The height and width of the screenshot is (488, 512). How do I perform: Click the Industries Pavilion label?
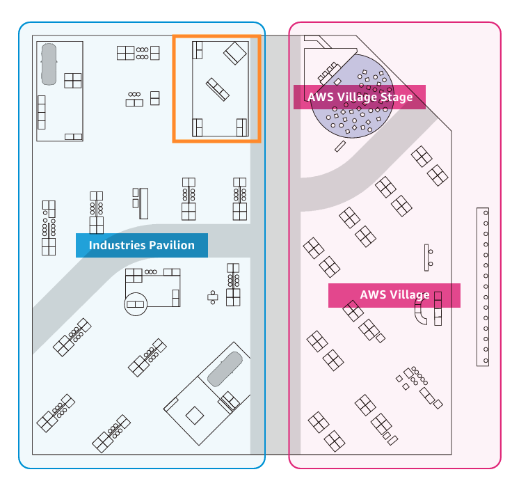141,245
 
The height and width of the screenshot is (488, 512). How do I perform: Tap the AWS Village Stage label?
359,97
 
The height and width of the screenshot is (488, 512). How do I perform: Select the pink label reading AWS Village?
394,294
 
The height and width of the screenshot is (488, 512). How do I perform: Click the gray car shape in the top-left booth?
49,65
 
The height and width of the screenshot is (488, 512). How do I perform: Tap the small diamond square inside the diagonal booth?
195,415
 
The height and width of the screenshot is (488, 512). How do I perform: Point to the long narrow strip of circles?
483,286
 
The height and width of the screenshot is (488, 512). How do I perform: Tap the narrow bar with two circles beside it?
426,257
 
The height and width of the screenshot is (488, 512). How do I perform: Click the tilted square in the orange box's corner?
236,52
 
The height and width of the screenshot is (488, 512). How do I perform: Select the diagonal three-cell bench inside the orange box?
217,88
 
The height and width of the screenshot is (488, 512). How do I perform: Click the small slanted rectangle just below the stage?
339,146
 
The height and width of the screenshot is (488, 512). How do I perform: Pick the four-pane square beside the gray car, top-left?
73,80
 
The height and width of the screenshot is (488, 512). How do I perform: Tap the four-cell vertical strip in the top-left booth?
41,112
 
